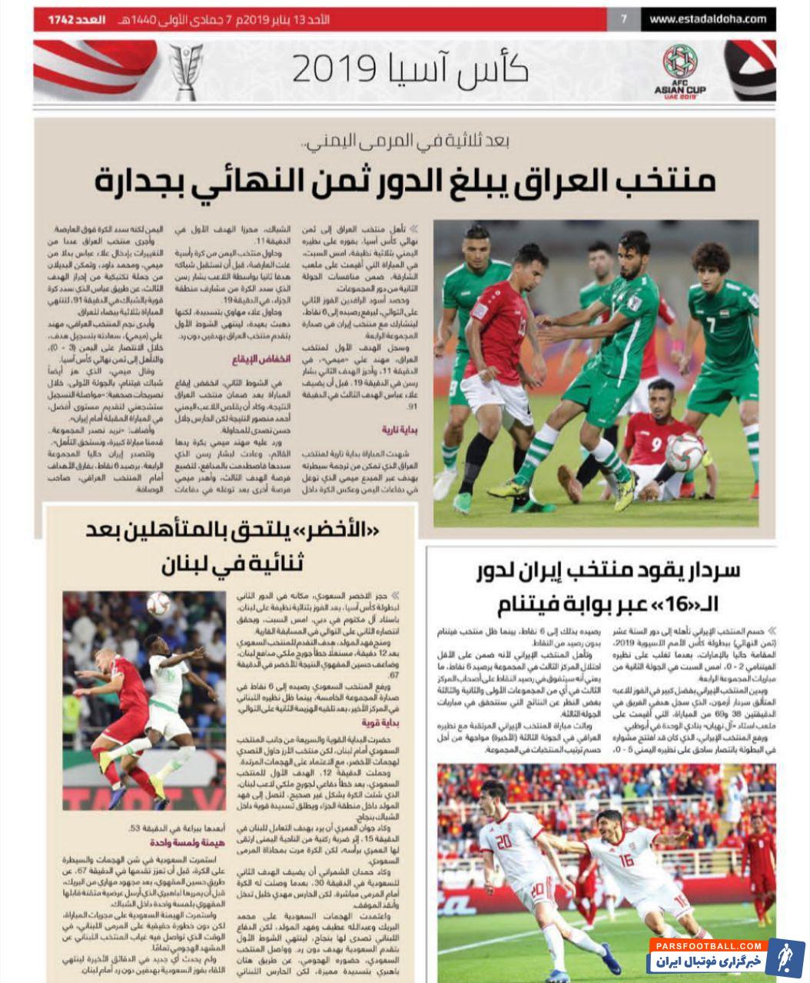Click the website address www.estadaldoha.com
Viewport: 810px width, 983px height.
(708, 19)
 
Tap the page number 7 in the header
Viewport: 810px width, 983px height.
(624, 19)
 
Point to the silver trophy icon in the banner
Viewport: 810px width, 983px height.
(186, 71)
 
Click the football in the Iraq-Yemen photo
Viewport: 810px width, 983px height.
(684, 451)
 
